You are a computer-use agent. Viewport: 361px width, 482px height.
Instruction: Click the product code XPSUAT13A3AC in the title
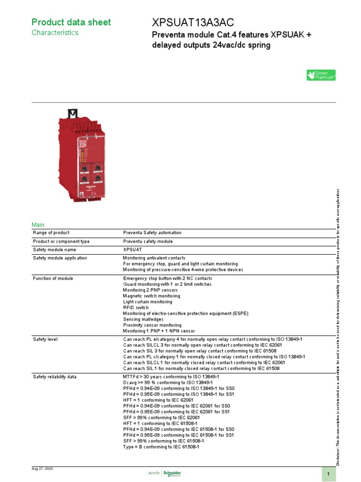[x=193, y=23]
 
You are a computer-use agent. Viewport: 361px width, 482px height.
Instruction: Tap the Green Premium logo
[x=321, y=75]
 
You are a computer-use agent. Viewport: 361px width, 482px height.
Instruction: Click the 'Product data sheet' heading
[x=71, y=22]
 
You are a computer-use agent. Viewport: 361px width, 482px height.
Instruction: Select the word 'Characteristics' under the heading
[x=55, y=33]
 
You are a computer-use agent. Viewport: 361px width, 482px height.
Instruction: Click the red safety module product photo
[x=80, y=155]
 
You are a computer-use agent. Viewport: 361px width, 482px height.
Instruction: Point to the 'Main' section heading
[x=38, y=225]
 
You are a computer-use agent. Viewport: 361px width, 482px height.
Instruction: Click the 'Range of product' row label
[x=51, y=233]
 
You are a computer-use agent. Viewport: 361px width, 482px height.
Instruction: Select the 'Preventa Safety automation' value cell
[x=152, y=233]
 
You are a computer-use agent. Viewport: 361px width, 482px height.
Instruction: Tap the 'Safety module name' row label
[x=54, y=249]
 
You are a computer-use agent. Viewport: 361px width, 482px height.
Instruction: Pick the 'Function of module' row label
[x=53, y=279]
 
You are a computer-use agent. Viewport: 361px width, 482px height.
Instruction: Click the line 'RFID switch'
[x=135, y=308]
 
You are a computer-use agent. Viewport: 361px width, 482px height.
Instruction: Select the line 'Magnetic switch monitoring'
[x=151, y=296]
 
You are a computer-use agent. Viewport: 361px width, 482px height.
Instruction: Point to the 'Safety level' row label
[x=45, y=339]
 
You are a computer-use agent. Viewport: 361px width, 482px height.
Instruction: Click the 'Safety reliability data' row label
[x=55, y=377]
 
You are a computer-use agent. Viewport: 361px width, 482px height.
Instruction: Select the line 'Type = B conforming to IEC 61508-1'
[x=161, y=447]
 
